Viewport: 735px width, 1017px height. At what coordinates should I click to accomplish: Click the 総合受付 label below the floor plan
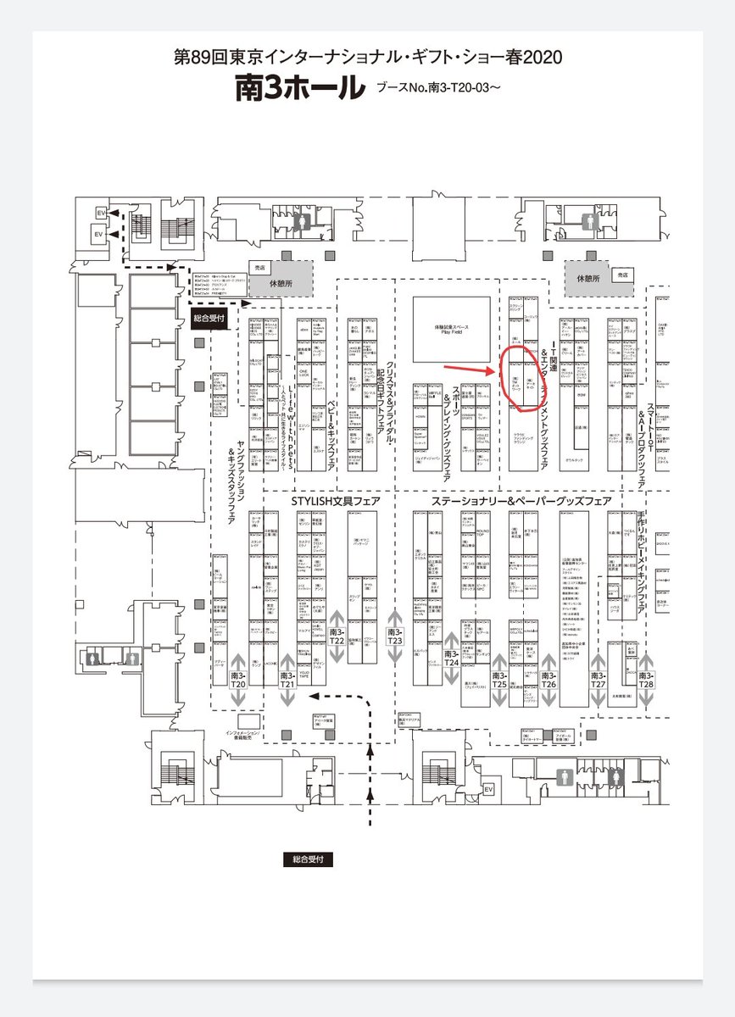308,859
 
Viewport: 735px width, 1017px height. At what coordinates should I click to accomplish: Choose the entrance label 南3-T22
337,636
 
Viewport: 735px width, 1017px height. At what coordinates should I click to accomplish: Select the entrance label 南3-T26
549,680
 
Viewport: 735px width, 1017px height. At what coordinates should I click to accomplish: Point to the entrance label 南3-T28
646,680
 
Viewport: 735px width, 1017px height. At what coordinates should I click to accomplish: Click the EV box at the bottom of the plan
488,789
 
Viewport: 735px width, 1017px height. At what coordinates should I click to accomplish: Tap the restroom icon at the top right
588,215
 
